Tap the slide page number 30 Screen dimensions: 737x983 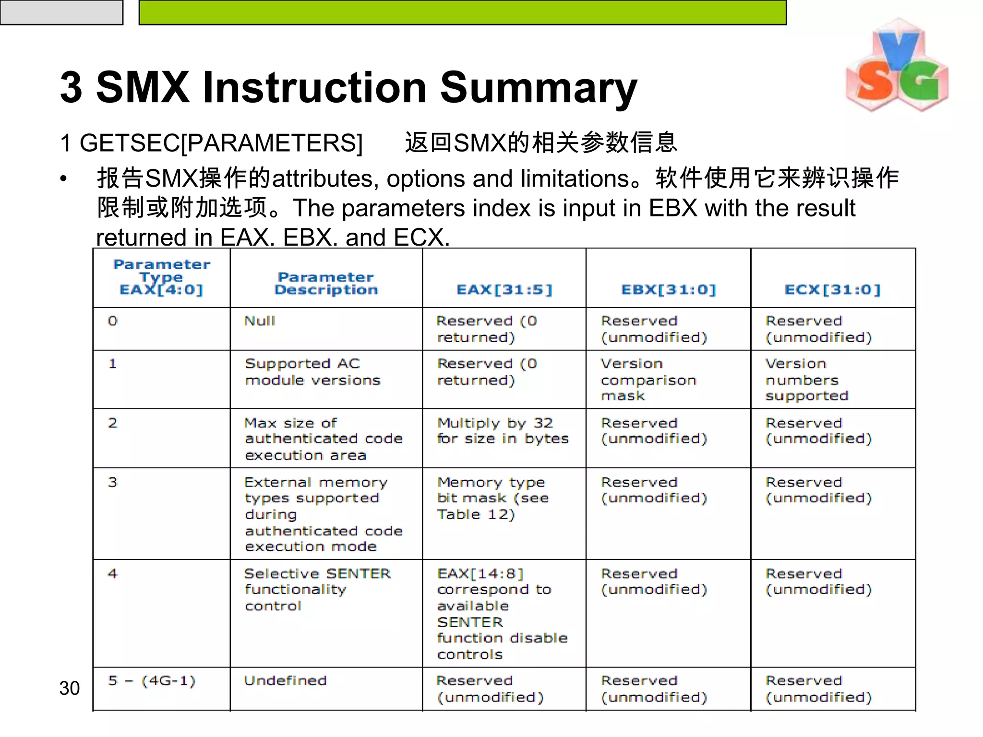(70, 688)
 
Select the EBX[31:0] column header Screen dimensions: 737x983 (668, 289)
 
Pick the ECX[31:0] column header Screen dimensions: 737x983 (833, 289)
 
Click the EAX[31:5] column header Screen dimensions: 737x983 (504, 289)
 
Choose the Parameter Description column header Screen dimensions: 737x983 (326, 283)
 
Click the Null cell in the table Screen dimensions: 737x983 (260, 321)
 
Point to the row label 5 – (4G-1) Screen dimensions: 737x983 (152, 681)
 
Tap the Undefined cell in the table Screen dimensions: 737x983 (285, 681)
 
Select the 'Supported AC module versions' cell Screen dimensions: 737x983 (312, 372)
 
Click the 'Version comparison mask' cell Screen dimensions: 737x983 (648, 380)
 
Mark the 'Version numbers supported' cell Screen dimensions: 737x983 (806, 380)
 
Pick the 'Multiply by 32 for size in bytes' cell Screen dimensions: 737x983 (503, 431)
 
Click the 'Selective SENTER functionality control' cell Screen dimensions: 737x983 (317, 590)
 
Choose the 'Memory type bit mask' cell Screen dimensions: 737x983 (493, 498)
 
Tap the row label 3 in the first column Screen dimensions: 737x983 (113, 482)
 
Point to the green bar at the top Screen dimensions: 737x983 (462, 12)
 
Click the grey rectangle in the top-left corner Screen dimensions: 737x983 (61, 12)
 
